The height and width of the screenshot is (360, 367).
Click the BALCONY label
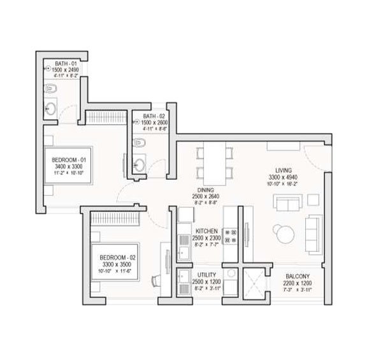[299, 276]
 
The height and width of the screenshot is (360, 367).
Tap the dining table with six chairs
[211, 162]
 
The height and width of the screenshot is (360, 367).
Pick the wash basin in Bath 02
[140, 164]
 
